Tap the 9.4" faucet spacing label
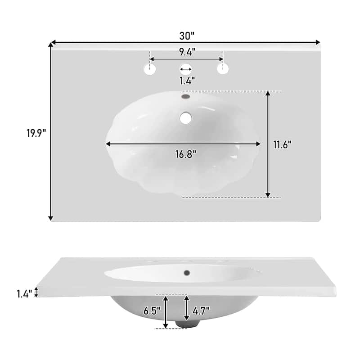(x=186, y=52)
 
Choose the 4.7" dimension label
(x=201, y=311)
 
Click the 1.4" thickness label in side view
(x=24, y=294)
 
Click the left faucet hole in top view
(x=150, y=69)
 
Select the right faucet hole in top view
(x=222, y=69)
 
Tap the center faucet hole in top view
(x=186, y=69)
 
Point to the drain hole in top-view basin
(x=185, y=118)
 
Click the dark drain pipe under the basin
(x=186, y=324)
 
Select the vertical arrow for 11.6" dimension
(x=268, y=144)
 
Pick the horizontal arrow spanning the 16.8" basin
(x=183, y=144)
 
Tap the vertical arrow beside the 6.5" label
(x=166, y=311)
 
